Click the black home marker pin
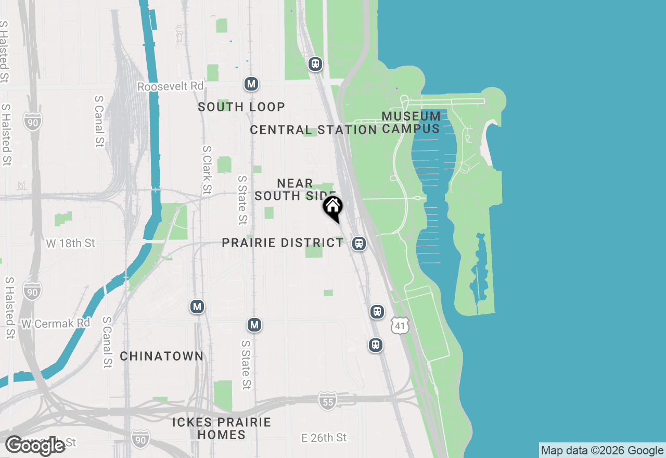point(332,208)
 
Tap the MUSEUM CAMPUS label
point(411,122)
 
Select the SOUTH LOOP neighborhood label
point(241,107)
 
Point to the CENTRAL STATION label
point(313,130)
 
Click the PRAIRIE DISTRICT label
point(283,243)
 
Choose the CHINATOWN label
point(162,357)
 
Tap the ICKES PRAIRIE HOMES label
point(222,428)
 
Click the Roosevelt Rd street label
point(170,86)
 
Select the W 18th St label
point(71,243)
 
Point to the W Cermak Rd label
point(56,323)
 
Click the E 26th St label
point(324,438)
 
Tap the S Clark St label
point(207,170)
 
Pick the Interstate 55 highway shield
point(327,401)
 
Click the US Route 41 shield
point(400,326)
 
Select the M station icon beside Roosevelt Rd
point(251,84)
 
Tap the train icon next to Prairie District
point(358,243)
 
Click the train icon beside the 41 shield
point(377,312)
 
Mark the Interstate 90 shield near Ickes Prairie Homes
point(139,438)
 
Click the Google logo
point(35,446)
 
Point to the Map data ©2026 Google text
point(602,451)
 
